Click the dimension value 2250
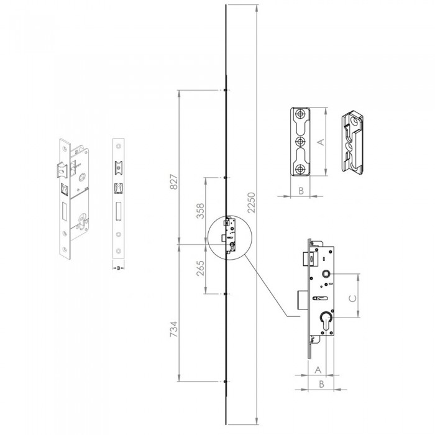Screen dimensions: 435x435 [251, 203]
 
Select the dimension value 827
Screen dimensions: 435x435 [173, 181]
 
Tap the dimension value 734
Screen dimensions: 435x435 [173, 329]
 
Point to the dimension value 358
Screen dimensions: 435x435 [200, 211]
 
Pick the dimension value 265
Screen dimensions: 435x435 [200, 268]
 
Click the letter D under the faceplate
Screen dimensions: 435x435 [119, 268]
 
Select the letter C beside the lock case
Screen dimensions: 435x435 [352, 298]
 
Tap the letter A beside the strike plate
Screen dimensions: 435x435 [321, 142]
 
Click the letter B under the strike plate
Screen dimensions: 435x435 [301, 191]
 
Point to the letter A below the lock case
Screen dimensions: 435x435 [318, 370]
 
